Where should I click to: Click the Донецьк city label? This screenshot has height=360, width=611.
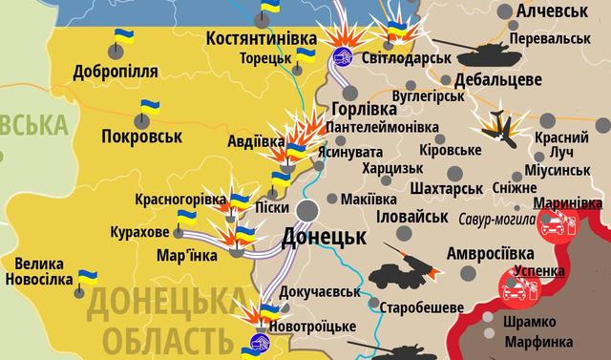pos(325,236)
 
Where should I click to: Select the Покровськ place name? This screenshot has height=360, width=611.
pos(140,137)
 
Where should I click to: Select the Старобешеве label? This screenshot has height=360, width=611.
pos(422,307)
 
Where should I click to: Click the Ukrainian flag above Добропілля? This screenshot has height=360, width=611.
pos(123,38)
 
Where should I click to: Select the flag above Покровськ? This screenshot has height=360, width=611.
pos(149,107)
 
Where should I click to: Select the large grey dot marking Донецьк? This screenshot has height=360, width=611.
pos(308,211)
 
